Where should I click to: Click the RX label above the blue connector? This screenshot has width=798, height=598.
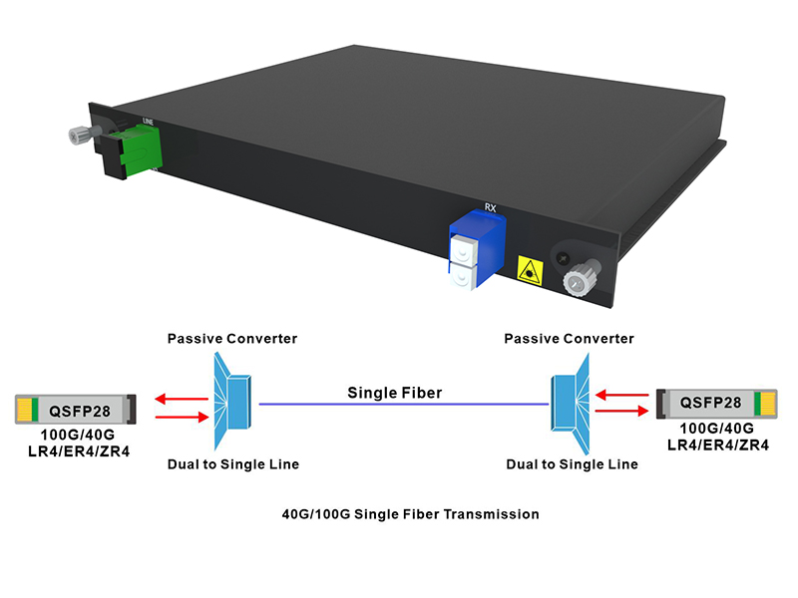click(x=490, y=208)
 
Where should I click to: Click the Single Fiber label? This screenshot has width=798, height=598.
click(x=395, y=393)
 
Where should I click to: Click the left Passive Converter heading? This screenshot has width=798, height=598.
click(x=232, y=339)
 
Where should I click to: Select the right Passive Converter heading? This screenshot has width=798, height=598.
click(x=570, y=339)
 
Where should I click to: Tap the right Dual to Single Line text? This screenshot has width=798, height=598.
click(x=572, y=464)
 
